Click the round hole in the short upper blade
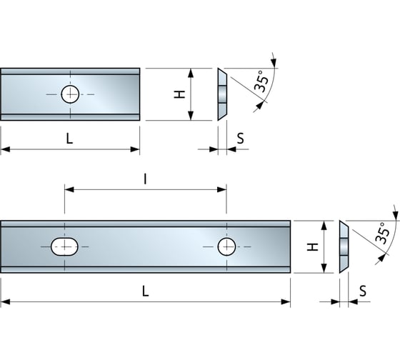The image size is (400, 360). click(x=70, y=94)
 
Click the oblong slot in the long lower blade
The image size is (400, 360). click(x=64, y=247)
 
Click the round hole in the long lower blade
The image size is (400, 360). click(x=226, y=247)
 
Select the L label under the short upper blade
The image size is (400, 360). click(x=69, y=139)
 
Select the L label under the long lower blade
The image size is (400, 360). click(x=145, y=291)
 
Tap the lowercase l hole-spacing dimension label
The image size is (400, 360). click(x=145, y=181)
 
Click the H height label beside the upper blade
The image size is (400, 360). click(x=180, y=94)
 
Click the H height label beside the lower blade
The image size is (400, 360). click(x=311, y=247)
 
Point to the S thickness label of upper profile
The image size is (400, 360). click(x=240, y=139)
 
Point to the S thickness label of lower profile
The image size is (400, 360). click(x=363, y=291)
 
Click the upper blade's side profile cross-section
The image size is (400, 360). click(x=222, y=94)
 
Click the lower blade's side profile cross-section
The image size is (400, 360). click(x=344, y=247)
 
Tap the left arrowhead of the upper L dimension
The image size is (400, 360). click(x=5, y=149)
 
